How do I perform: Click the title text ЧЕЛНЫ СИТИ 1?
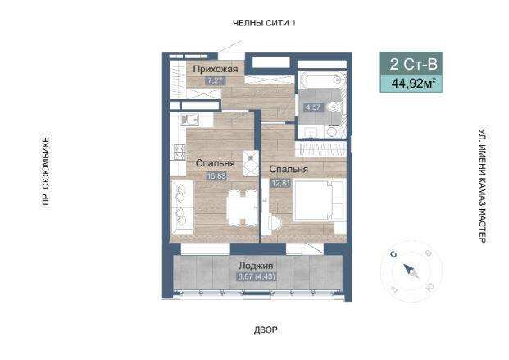(x=264, y=23)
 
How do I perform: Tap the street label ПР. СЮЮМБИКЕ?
(x=46, y=171)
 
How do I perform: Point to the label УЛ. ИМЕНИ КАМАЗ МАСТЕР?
(x=483, y=186)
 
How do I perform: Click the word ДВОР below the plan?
(x=266, y=330)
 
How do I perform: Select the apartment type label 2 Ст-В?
(x=413, y=64)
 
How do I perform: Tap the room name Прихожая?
(x=216, y=69)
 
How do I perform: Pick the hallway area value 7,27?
(x=216, y=80)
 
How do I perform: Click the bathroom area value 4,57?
(x=313, y=107)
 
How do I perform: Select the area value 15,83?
(x=216, y=176)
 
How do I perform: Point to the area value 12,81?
(x=281, y=183)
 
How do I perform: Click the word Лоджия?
(x=256, y=266)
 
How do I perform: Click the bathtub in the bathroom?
(x=322, y=80)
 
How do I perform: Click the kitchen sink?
(x=189, y=120)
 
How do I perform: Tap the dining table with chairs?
(x=242, y=208)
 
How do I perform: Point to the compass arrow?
(x=411, y=271)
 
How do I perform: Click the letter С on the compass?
(x=394, y=254)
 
